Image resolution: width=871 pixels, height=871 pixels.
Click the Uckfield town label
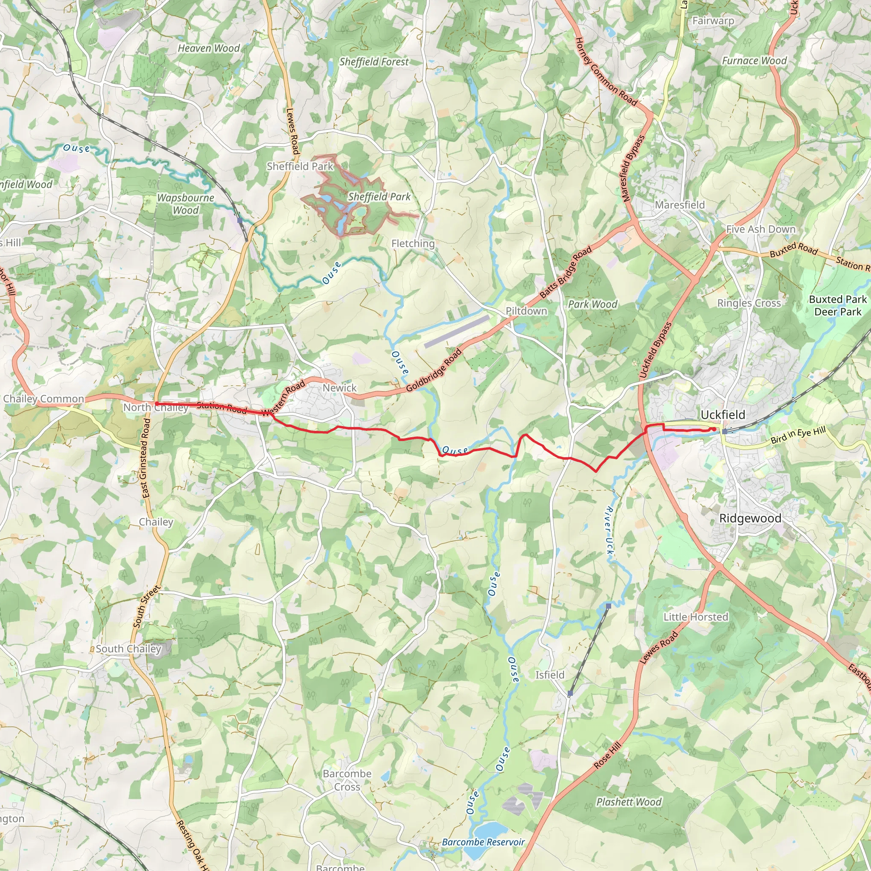coord(723,415)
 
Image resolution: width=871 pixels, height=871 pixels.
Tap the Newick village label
coord(339,388)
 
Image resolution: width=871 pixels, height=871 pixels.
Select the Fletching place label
coord(413,244)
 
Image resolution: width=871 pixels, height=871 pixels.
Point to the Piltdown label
coord(526,311)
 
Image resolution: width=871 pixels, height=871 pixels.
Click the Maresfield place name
coord(679,205)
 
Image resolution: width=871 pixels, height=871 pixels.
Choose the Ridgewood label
coord(750,518)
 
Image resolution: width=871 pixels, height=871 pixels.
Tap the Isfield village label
coord(549,675)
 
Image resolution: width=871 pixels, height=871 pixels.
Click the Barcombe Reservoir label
coord(483,842)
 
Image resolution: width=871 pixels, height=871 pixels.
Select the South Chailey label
coord(128,649)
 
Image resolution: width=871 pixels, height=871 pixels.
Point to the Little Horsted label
coord(696,617)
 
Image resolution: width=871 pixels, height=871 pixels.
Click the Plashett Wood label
coord(629,802)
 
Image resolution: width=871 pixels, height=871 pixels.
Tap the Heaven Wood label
coord(209,48)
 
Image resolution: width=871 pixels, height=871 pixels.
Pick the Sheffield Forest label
coord(374,62)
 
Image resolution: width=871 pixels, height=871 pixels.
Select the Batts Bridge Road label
coord(565,272)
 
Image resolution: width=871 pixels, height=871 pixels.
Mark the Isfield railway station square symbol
coord(570,693)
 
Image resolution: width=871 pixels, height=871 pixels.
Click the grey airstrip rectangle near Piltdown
coord(456,331)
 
